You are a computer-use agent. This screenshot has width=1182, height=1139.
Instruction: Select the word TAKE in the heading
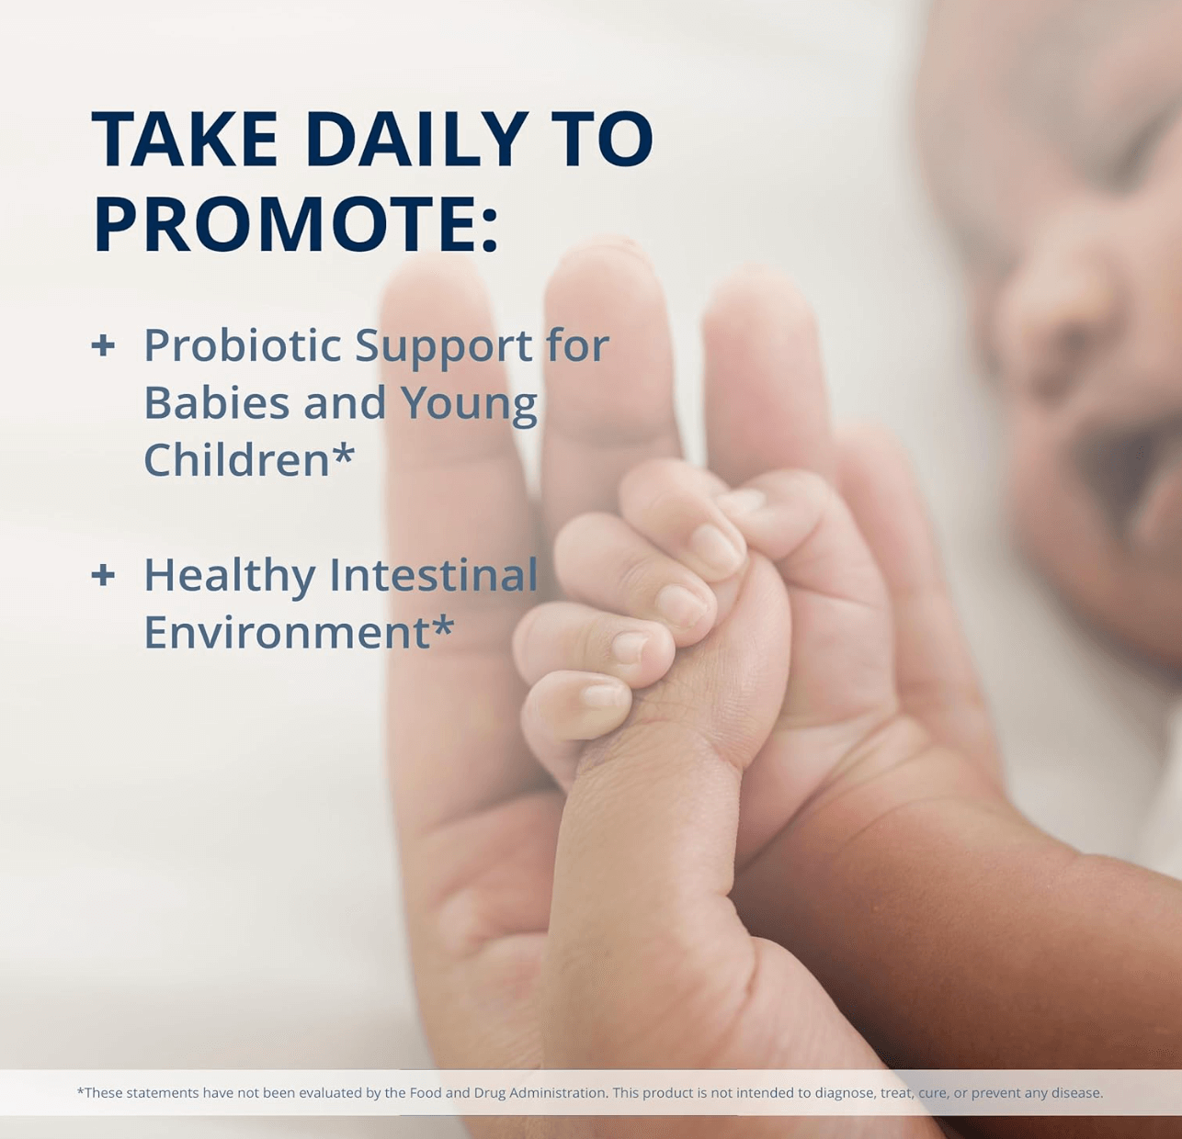click(185, 140)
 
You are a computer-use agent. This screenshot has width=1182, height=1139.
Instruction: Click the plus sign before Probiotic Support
click(103, 346)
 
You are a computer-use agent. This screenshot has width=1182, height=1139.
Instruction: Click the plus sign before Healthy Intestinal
click(103, 576)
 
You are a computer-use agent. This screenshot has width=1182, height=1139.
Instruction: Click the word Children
click(236, 460)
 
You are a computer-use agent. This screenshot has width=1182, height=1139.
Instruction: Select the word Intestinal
click(433, 576)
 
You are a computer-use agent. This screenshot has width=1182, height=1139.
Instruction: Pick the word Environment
click(286, 633)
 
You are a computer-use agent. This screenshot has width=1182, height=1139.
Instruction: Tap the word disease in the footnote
click(1077, 1093)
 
